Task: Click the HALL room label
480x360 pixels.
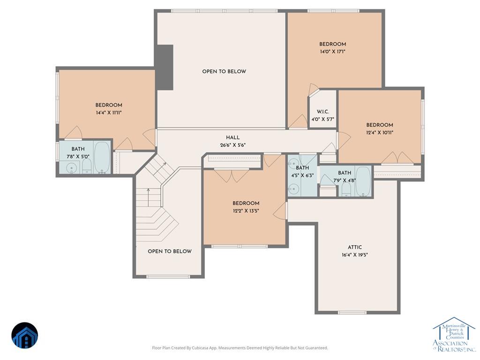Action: click(232, 138)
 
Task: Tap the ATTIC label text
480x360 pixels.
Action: click(355, 247)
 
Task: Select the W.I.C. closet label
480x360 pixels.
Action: click(322, 112)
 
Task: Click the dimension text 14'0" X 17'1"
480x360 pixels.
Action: click(333, 52)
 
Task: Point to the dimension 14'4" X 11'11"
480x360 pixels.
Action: click(109, 112)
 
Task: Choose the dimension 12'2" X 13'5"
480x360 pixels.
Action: click(246, 211)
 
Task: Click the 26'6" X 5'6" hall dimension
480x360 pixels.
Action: click(232, 145)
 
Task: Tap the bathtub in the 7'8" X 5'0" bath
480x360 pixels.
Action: click(102, 157)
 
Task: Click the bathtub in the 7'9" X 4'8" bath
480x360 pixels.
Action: click(363, 181)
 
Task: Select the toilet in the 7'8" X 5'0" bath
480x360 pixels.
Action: click(87, 168)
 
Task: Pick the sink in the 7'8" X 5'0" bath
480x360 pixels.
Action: click(72, 168)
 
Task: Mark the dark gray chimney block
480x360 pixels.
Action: click(165, 67)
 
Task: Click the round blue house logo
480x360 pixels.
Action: click(25, 336)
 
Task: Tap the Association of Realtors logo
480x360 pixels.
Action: click(454, 334)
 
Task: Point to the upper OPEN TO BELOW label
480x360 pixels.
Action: click(224, 72)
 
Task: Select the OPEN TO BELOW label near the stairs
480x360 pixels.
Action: click(170, 251)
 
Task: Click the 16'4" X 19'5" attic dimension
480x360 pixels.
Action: click(355, 255)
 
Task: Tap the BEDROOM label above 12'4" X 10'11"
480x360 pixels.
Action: click(380, 125)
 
